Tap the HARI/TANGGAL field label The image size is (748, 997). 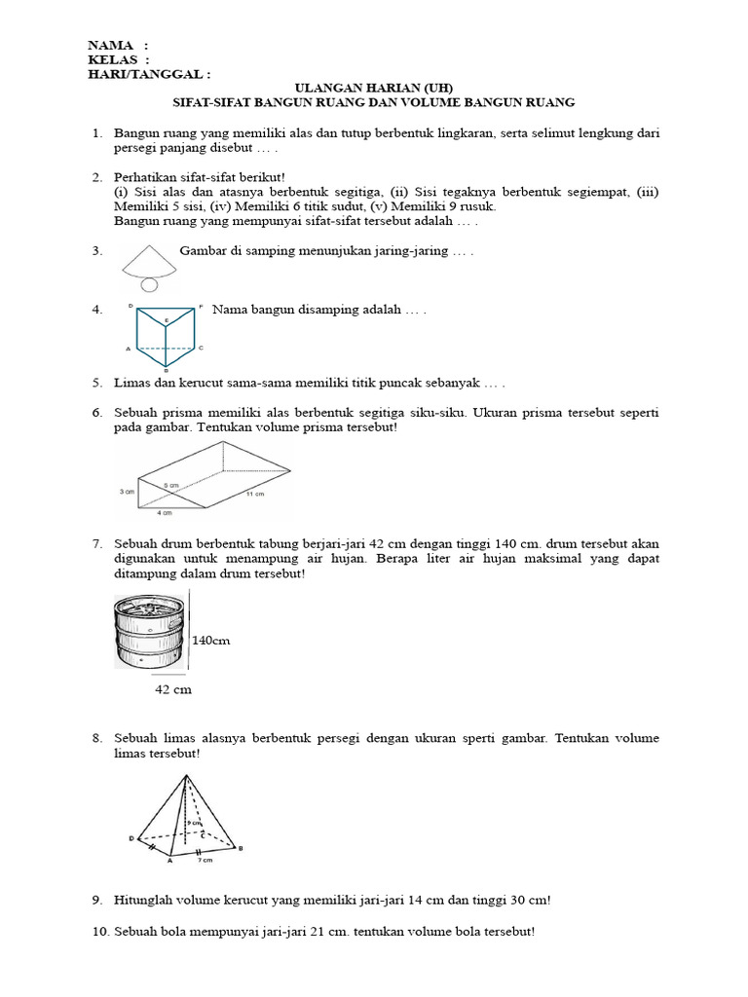click(145, 73)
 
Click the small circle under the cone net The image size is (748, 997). click(148, 284)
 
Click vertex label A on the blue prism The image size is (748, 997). click(128, 349)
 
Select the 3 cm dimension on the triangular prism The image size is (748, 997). click(126, 493)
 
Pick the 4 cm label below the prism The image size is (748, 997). click(168, 511)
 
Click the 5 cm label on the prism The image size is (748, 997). click(171, 484)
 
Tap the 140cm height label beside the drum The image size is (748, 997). click(211, 641)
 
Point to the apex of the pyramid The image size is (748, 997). click(185, 776)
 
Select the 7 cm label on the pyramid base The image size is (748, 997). click(206, 860)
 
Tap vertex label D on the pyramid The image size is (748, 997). click(131, 837)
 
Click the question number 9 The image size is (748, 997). click(97, 901)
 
